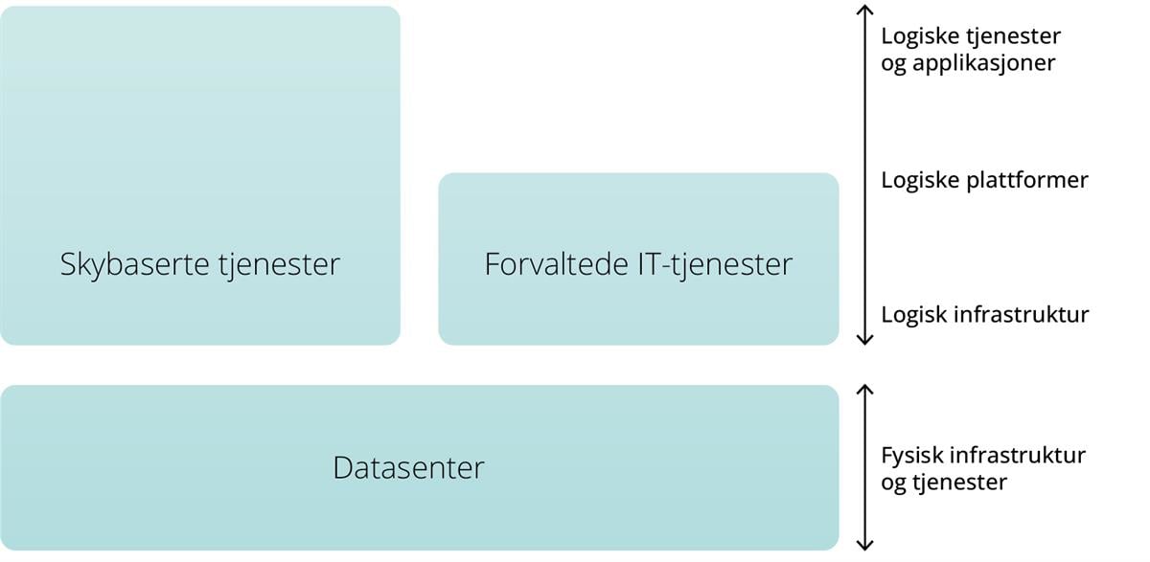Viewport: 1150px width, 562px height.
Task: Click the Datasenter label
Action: tap(409, 468)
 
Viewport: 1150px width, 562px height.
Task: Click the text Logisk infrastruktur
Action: tap(984, 314)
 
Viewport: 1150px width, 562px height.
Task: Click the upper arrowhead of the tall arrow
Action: tap(865, 10)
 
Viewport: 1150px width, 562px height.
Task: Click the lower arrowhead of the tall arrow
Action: tap(865, 339)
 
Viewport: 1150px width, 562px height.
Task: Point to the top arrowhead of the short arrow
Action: tap(865, 390)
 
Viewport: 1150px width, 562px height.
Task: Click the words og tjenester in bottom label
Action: tap(944, 482)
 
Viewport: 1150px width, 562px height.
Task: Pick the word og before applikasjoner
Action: tap(892, 65)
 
